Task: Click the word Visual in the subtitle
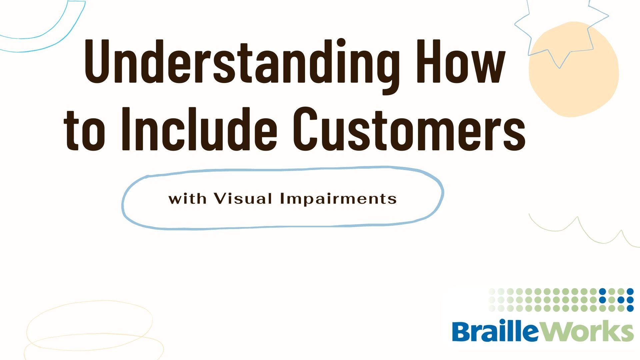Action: [x=243, y=199]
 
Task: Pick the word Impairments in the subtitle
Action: [x=338, y=199]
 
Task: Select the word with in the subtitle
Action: [x=187, y=199]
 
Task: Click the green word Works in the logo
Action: [x=587, y=331]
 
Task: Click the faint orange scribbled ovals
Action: [x=90, y=330]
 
